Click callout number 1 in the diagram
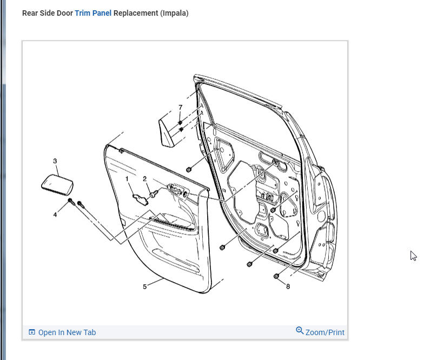coord(127,178)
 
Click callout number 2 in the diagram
coord(145,179)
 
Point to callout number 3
coord(55,161)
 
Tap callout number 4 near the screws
coord(55,214)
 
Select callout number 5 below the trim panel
coord(145,286)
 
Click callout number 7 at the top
coord(181,107)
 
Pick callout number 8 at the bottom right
coord(288,286)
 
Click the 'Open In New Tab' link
coord(67,332)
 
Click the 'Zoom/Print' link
coord(325,332)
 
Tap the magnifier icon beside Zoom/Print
coord(300,331)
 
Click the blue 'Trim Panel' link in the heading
coord(93,13)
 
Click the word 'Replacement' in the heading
coord(136,13)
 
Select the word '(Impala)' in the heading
coord(174,13)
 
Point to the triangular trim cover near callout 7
coord(166,130)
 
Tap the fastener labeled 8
coord(276,276)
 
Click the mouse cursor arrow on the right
coord(413,256)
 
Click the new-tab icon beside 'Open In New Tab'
coord(32,332)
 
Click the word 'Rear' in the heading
coord(30,13)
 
